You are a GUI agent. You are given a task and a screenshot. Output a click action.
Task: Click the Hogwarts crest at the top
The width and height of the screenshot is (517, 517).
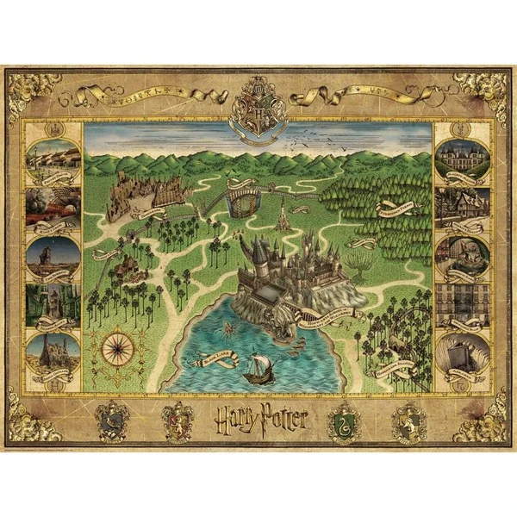(x=258, y=105)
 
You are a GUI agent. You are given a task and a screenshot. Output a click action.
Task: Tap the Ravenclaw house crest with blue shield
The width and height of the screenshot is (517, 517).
(x=112, y=422)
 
